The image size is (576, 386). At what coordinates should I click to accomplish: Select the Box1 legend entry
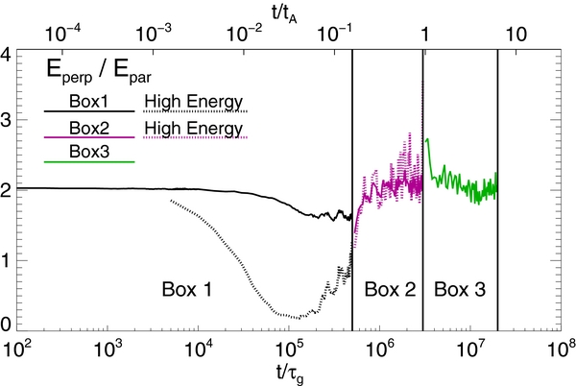(x=89, y=100)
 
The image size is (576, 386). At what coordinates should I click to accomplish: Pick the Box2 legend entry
(x=89, y=127)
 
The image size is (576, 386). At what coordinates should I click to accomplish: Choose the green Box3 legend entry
(x=89, y=152)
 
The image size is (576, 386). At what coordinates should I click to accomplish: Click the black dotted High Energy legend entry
(x=195, y=100)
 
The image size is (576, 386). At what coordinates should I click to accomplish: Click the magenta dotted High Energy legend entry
(x=195, y=127)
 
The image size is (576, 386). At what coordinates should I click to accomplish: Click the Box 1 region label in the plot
(x=187, y=287)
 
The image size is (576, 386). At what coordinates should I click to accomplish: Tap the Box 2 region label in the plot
(x=388, y=287)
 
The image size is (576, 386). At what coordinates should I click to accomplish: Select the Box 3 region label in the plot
(x=460, y=287)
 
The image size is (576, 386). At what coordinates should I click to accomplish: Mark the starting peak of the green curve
(x=427, y=139)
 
